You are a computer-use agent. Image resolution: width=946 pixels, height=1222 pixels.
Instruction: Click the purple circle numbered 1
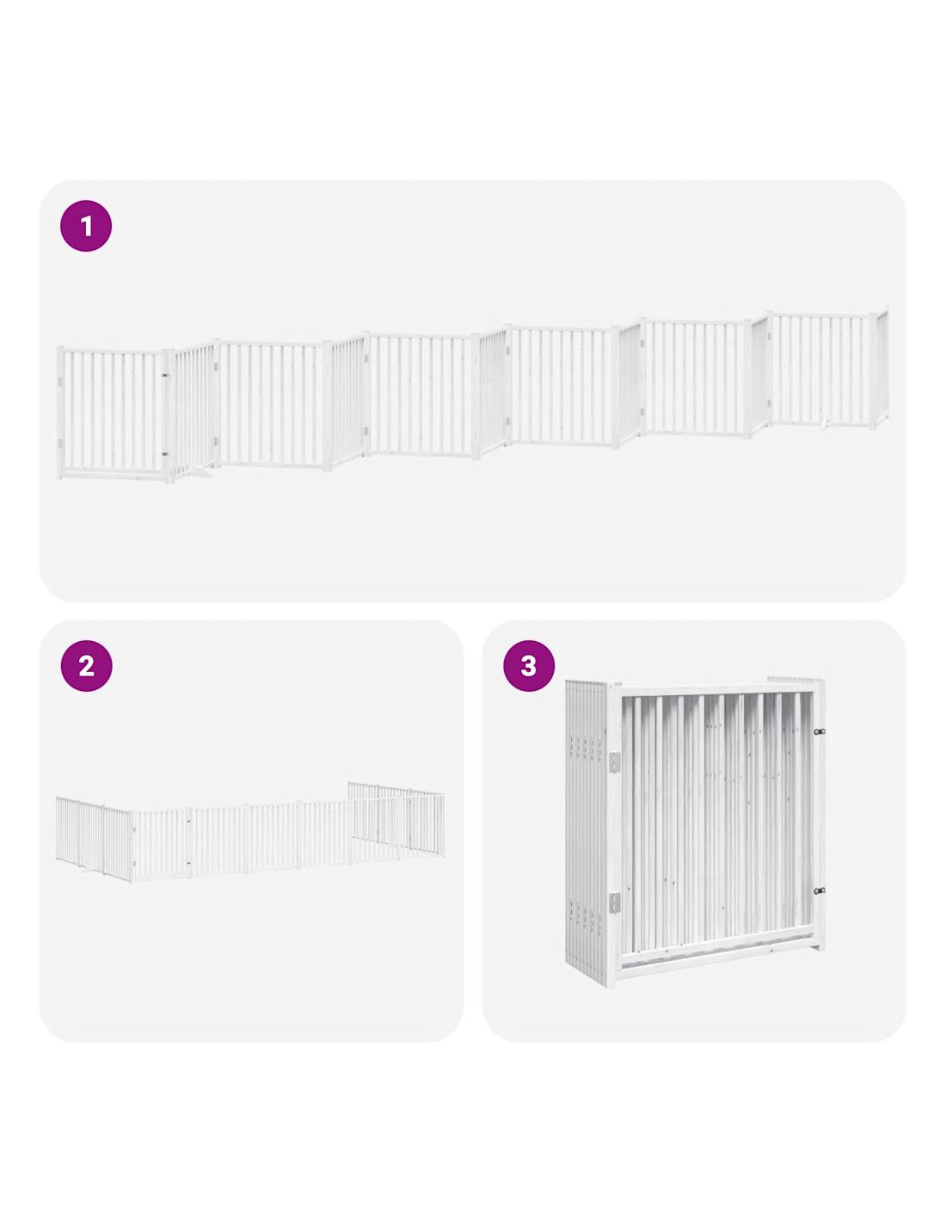[x=86, y=226]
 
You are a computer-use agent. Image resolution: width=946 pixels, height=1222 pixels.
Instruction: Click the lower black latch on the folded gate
[x=820, y=891]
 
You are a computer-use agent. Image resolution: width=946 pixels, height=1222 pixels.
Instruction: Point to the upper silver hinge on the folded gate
[x=617, y=762]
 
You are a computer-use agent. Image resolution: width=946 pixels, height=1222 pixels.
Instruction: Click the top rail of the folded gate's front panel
[x=716, y=689]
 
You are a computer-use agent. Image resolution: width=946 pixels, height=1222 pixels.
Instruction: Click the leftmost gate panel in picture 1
[x=113, y=414]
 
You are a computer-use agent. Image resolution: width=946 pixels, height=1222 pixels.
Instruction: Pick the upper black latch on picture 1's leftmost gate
[x=165, y=375]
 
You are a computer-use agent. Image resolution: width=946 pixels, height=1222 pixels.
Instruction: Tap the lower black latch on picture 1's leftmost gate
[x=165, y=453]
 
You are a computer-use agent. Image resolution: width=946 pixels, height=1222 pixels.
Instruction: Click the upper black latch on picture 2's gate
[x=188, y=822]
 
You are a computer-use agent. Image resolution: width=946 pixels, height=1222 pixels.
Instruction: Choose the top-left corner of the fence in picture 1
[x=58, y=347]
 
